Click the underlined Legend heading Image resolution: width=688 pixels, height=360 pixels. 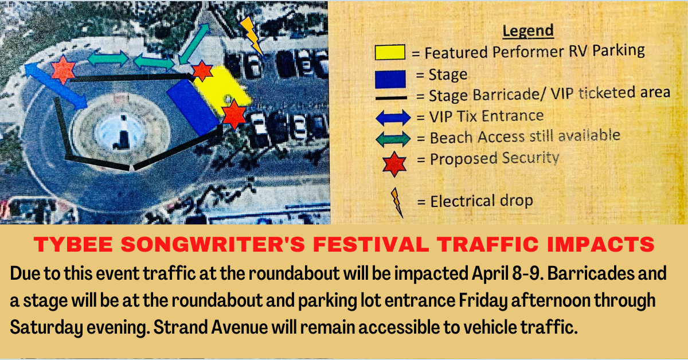coord(528,31)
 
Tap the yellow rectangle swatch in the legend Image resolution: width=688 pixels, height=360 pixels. coord(390,52)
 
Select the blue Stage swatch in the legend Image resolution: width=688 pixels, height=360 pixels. coord(390,79)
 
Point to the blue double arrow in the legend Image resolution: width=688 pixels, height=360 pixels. coord(393,118)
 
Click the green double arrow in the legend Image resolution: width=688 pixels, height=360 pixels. coord(393,139)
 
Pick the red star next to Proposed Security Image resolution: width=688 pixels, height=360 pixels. coord(394,164)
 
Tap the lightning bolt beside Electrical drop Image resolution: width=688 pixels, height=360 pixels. coord(397,202)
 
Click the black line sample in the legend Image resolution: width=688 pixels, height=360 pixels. coord(391,98)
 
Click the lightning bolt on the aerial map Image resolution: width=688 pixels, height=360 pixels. coord(251,36)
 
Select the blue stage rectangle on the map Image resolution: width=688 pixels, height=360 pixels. coord(193,107)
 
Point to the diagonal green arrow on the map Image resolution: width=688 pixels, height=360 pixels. coord(194,44)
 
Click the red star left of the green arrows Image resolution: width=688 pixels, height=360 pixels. coord(63,70)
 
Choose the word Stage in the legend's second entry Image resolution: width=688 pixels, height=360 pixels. coord(448,75)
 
